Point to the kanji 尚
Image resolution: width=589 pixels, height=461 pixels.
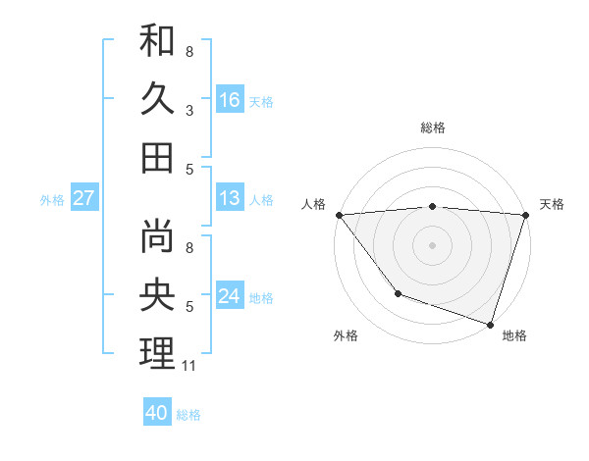[x=157, y=238]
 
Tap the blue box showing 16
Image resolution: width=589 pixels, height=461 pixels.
[x=230, y=99]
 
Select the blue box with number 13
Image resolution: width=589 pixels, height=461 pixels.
[x=230, y=198]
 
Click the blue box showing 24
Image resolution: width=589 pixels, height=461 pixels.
[x=230, y=296]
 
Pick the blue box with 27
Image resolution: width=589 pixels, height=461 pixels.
[x=83, y=198]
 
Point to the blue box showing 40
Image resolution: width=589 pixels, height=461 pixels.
[x=157, y=413]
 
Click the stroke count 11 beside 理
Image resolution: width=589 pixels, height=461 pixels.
[x=190, y=366]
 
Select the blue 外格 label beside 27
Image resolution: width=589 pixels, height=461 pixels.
[x=52, y=199]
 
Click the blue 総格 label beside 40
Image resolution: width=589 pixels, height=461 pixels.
[x=188, y=414]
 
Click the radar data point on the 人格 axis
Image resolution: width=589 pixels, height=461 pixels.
[x=339, y=215]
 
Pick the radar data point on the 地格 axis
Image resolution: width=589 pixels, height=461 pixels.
[x=490, y=324]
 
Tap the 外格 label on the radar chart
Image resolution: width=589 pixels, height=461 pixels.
[x=346, y=335]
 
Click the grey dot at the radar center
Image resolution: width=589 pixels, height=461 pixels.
[x=432, y=244]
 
